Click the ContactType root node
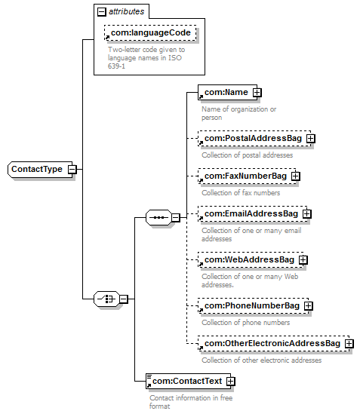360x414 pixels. coord(40,169)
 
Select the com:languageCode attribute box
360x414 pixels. coord(150,32)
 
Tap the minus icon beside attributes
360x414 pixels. coord(101,11)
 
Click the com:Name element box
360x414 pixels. coord(227,92)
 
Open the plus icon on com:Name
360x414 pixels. coord(257,93)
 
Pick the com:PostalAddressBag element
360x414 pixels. coord(254,138)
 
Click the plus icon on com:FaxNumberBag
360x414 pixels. coord(296,176)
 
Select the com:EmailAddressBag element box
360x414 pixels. coord(252,213)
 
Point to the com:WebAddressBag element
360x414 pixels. coord(251,260)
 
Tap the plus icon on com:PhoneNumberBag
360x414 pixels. coord(308,305)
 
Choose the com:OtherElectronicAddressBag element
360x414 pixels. coord(273,343)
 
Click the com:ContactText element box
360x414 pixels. coord(188,381)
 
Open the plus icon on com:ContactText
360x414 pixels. coord(231,382)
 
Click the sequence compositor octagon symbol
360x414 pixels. coord(158,218)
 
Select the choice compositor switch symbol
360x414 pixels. coord(106,299)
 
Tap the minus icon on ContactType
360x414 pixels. coord(72,169)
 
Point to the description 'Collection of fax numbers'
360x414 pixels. coord(241,193)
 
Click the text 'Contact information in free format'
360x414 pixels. coord(191,402)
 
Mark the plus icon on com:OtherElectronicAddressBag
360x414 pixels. coord(349,344)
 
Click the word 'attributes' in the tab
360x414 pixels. coord(127,11)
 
